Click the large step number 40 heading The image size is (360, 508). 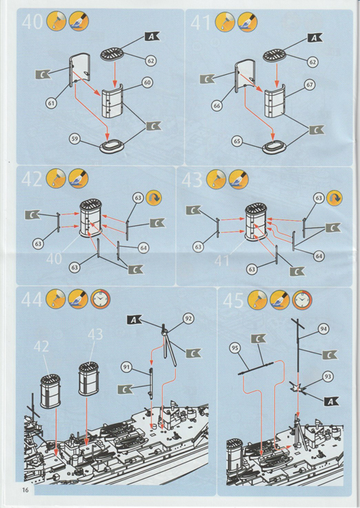coord(32,22)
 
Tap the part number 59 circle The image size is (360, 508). coord(75,140)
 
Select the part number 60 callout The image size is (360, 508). coord(148,83)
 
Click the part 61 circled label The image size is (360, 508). coord(51,104)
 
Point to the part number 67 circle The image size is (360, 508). coord(310,85)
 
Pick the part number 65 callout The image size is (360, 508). coord(237,141)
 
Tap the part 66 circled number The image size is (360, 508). coord(217,106)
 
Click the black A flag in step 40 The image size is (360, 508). coord(151,37)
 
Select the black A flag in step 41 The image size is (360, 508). coord(314,38)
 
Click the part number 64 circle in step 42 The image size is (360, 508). coord(143,248)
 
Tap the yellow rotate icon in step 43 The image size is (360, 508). coord(334,198)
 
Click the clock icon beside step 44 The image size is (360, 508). coord(101,299)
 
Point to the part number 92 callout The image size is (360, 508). coord(188,319)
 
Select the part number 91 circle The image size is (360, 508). coord(127,367)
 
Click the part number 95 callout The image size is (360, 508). coord(235,348)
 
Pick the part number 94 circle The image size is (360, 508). coord(323,329)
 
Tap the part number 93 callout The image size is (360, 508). coord(328,376)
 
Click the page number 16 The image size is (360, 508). coord(25,490)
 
